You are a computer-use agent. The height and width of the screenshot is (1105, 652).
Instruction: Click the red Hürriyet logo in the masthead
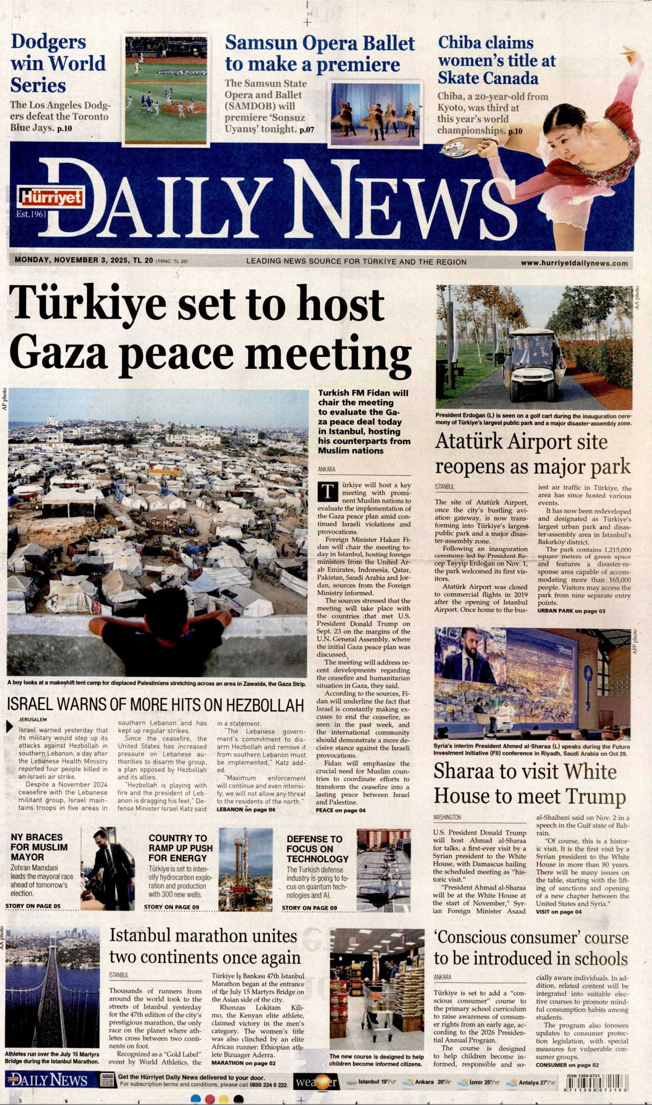(x=51, y=198)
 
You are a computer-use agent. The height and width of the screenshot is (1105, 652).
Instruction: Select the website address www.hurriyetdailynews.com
(x=574, y=263)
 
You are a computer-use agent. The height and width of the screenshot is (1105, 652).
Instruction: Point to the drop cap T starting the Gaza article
(x=328, y=492)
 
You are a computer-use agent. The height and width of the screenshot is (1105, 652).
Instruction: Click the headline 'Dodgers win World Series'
(x=58, y=63)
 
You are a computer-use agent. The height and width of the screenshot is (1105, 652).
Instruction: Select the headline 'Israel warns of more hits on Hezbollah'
(x=155, y=705)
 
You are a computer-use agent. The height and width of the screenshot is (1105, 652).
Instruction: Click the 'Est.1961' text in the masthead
(x=31, y=214)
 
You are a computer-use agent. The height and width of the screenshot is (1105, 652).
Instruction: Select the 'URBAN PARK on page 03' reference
(x=571, y=611)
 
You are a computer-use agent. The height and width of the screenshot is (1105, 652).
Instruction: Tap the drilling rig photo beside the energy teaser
(x=246, y=869)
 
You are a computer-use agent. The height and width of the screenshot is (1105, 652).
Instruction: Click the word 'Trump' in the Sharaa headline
(x=596, y=796)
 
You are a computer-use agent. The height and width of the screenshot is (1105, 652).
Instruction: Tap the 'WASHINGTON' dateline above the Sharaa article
(x=447, y=817)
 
